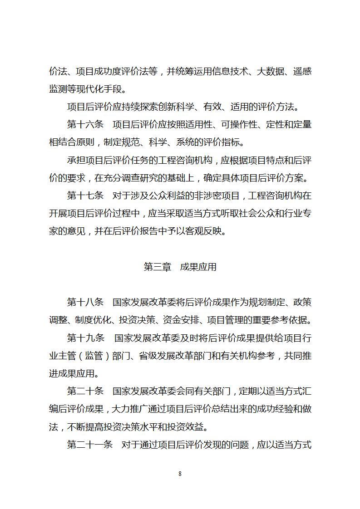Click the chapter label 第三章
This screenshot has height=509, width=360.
[157, 267]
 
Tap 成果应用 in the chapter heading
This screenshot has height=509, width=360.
[198, 267]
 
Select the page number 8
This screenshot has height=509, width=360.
[180, 474]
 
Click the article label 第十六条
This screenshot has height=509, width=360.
[85, 125]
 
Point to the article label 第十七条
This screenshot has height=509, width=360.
[85, 196]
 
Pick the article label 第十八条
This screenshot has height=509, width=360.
[85, 302]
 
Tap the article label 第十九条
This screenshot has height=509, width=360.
[85, 338]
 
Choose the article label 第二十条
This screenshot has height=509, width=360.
[85, 391]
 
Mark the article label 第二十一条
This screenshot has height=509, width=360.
[90, 445]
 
